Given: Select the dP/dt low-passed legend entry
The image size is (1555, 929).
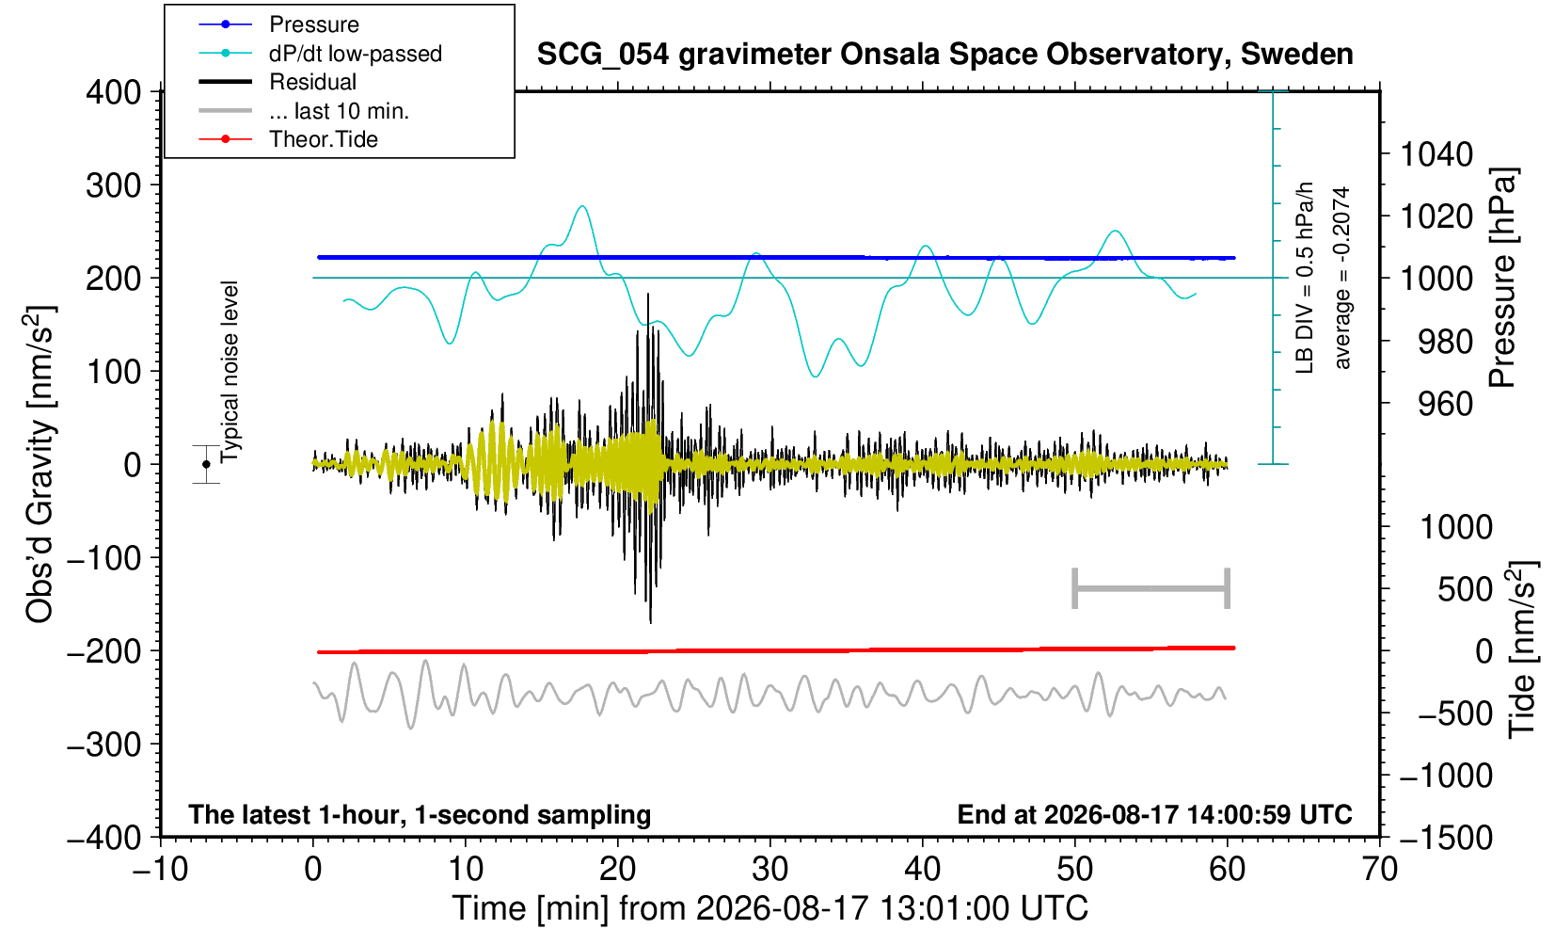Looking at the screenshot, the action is (x=320, y=54).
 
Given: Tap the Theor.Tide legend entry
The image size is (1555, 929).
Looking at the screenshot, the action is (x=288, y=139).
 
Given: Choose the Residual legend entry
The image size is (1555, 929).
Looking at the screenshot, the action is (x=278, y=82).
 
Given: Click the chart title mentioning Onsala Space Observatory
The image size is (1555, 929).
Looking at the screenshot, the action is (x=944, y=55).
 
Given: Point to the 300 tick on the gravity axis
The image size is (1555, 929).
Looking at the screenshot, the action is (x=114, y=185).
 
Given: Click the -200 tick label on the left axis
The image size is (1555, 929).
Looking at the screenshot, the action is (x=104, y=651).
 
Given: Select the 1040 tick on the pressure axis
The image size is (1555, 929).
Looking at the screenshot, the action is (x=1436, y=153).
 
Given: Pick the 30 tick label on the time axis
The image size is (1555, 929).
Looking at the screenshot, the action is (x=770, y=870).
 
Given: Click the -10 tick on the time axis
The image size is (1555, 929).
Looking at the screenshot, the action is (x=160, y=870).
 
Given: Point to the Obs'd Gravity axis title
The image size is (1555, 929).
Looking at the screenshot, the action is (x=40, y=464).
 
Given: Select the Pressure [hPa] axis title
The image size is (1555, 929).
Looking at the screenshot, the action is (x=1503, y=278).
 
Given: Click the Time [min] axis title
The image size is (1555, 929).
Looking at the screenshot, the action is (x=770, y=908).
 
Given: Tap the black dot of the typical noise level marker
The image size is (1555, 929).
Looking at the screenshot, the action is (x=206, y=464).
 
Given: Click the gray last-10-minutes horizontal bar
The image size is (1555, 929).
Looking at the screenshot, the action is (x=1151, y=588).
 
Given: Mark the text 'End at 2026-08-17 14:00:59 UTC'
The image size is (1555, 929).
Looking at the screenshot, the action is (x=1154, y=814).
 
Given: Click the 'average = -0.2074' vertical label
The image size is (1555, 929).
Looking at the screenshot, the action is (x=1341, y=278).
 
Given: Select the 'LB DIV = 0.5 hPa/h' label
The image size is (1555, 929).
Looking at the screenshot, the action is (x=1305, y=278).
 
